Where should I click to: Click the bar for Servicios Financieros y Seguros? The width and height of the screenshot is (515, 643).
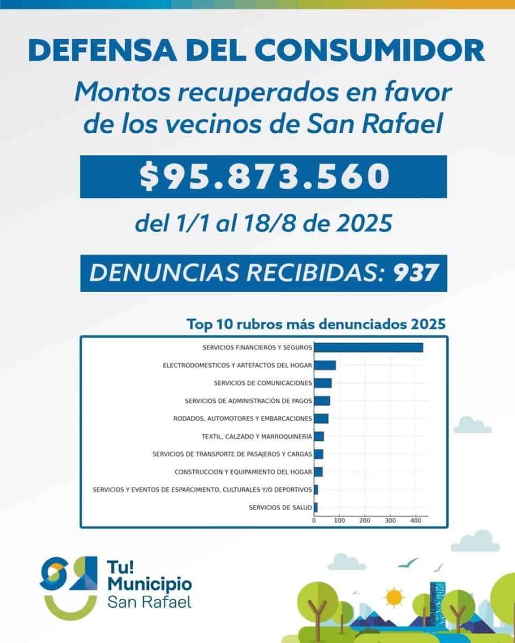368,347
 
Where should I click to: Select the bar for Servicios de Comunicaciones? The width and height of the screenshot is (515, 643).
322,383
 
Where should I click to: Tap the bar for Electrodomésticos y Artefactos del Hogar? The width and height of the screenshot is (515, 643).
325,365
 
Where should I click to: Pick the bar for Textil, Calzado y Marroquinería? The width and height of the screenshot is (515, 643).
319,436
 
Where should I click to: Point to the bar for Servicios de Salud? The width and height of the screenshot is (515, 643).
316,507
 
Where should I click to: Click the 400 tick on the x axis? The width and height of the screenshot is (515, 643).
415,520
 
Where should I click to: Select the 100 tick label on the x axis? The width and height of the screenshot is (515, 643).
339,520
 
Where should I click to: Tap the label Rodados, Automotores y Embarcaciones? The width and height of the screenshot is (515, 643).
242,418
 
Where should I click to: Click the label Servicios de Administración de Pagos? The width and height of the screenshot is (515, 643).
248,401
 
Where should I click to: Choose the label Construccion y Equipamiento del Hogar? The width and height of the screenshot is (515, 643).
243,472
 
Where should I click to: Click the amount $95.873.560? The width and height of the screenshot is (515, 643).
263,177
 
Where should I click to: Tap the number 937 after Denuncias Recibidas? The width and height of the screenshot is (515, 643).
413,273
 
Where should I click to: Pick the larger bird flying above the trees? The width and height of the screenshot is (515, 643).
408,563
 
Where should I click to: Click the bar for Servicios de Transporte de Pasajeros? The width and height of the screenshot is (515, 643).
318,454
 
